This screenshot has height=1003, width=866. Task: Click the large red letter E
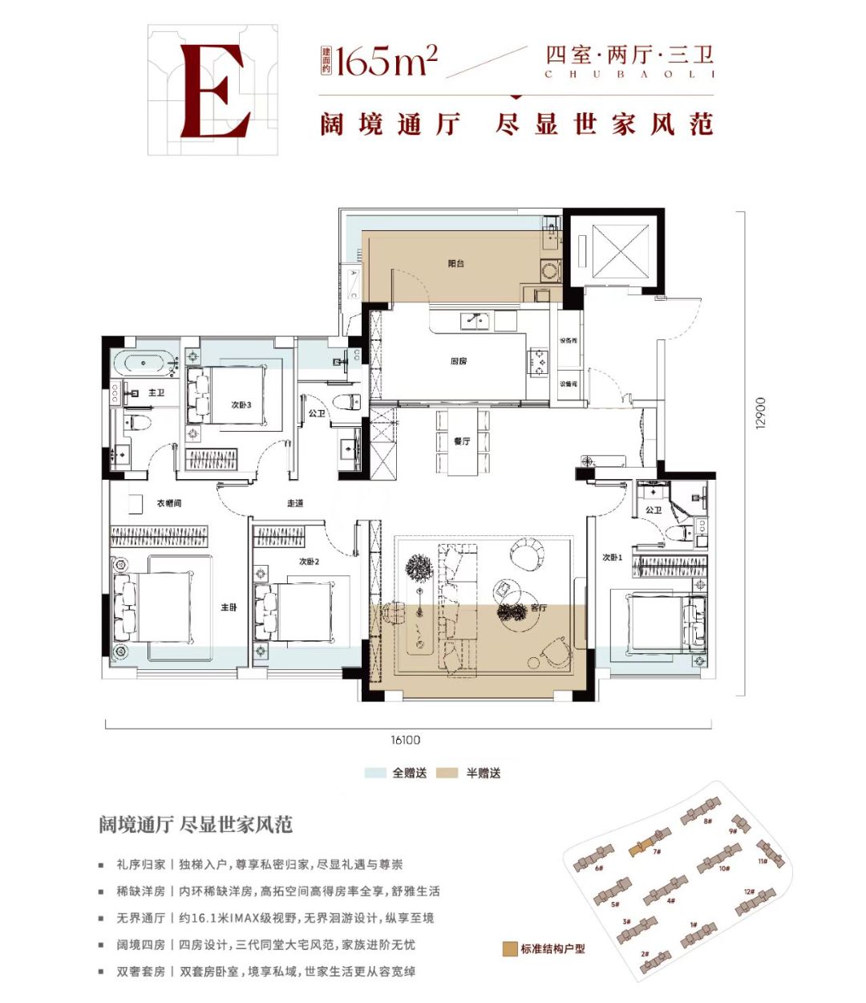click(212, 91)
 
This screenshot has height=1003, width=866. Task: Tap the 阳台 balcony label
click(456, 263)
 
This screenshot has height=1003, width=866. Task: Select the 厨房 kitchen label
click(458, 361)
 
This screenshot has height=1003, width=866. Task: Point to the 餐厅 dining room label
click(462, 441)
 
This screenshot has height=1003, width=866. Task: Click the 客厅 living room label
click(538, 607)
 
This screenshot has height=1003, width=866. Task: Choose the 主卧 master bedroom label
click(229, 607)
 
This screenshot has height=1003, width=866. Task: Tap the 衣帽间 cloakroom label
click(168, 503)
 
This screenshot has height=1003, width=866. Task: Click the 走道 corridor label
click(295, 503)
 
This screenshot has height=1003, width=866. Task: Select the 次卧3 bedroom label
click(241, 405)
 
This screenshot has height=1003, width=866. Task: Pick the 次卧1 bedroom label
click(613, 557)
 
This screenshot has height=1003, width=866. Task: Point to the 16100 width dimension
click(406, 740)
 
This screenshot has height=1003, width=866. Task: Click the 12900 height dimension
click(761, 412)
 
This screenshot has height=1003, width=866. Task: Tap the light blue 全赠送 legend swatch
click(375, 773)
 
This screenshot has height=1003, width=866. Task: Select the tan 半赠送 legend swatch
click(447, 773)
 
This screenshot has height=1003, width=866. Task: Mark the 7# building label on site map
click(656, 851)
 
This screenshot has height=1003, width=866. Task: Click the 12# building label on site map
click(749, 891)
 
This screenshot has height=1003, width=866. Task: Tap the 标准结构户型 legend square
click(509, 948)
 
